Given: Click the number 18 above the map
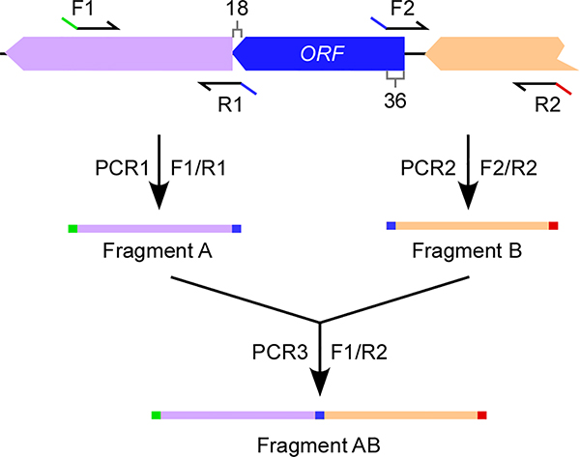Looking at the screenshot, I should click(237, 11).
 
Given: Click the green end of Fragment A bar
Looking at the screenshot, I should click(72, 228).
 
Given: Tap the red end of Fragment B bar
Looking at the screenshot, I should click(554, 226).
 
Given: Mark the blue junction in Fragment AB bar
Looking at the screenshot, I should click(320, 415).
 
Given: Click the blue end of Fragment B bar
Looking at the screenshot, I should click(391, 226).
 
